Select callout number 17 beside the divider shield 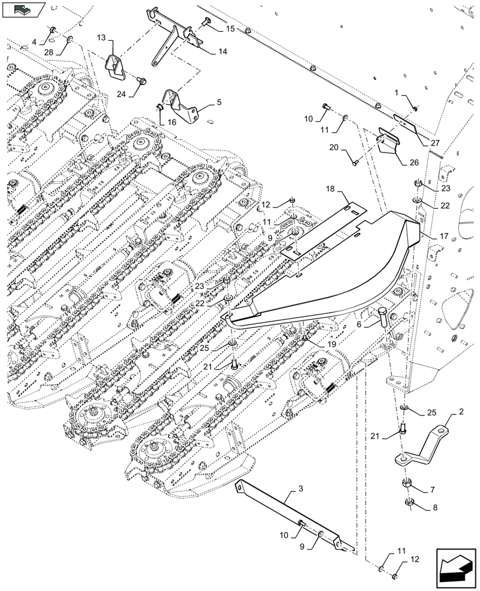445,235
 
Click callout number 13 101,37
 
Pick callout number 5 219,102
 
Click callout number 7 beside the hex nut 432,490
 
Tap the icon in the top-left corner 23,9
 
